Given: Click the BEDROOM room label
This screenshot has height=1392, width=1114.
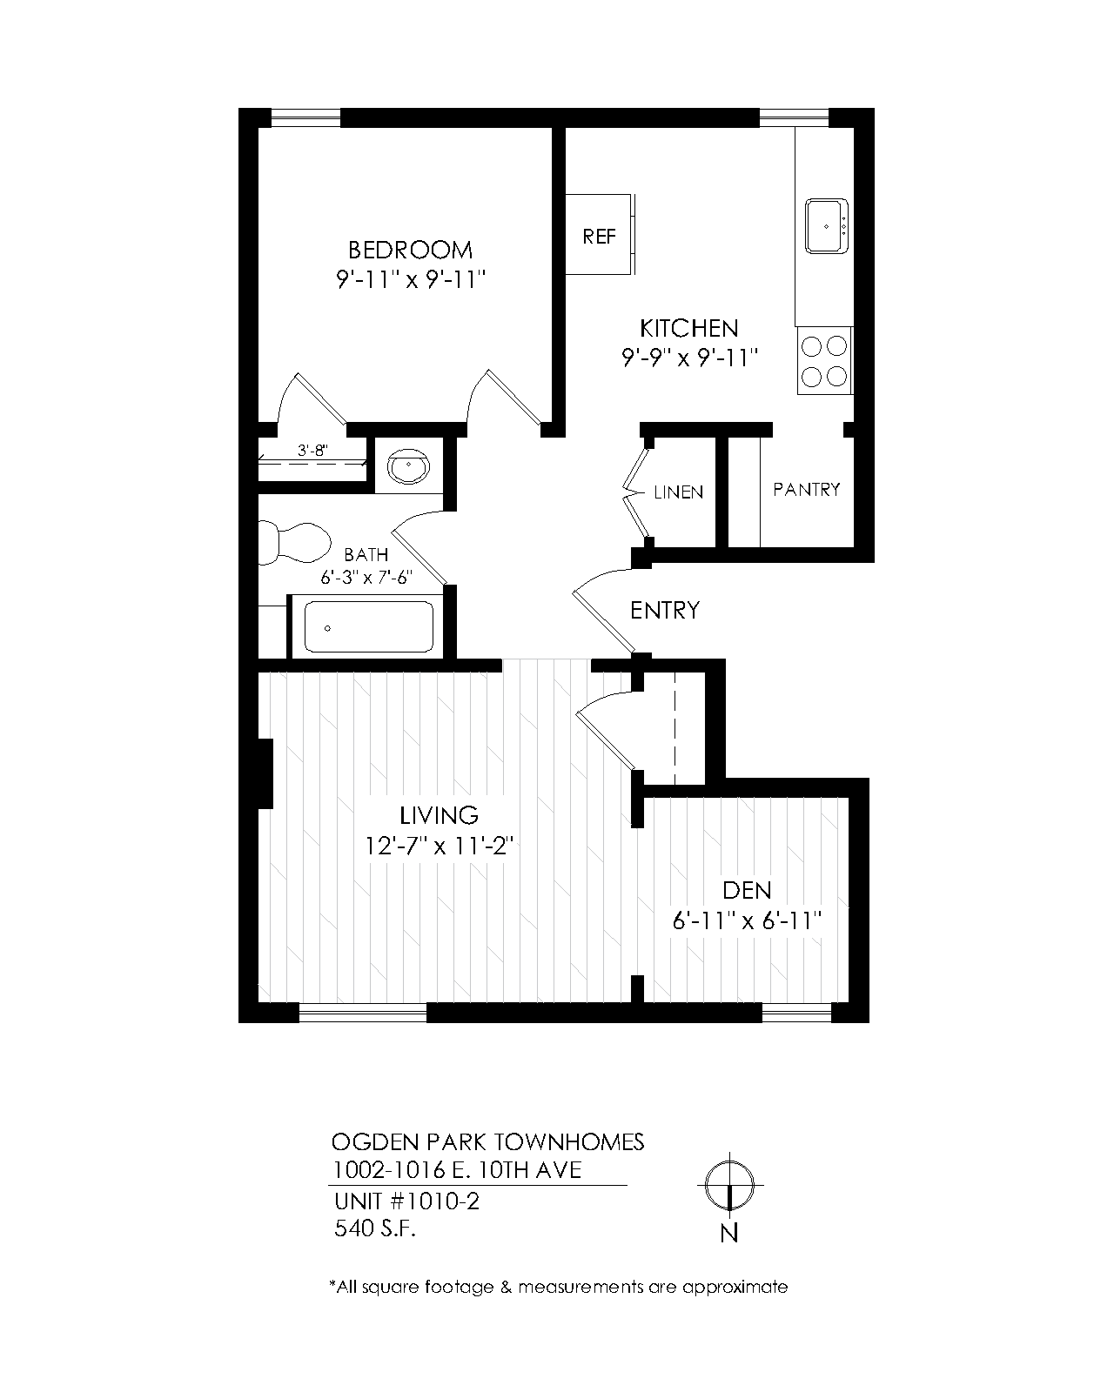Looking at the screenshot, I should point(410,251).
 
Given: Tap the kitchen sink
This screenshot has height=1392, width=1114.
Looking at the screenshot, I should point(825,226).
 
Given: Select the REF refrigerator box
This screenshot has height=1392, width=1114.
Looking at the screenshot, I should point(599,236).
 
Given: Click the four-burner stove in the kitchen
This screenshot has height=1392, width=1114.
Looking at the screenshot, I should point(823,361).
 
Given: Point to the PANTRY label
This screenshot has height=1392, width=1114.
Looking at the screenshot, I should point(807,490).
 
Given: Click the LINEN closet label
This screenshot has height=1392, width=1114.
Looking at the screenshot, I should point(678,492).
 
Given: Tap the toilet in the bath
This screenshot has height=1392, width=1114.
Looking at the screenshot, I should point(296,542).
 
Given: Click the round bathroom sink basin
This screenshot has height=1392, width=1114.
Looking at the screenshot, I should point(407,467).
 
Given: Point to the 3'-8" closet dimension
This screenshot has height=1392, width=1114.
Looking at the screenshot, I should point(312,451).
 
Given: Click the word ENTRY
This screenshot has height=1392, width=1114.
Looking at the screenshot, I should point(665,611).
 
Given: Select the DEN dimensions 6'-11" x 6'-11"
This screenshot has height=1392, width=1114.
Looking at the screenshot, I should point(747,921).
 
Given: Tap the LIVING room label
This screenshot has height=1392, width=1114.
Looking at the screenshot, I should point(440,815).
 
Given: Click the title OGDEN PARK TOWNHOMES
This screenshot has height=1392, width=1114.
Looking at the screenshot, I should point(488,1141).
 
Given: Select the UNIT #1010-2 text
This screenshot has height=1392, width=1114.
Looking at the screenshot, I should point(407,1201).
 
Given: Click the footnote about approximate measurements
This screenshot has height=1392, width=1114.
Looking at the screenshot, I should point(558,1287).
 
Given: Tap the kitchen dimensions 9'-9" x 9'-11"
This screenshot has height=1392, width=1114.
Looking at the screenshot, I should point(690,358).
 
